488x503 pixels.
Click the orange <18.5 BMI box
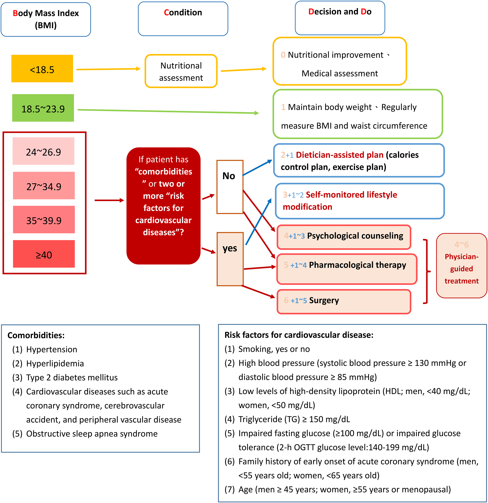click(42, 68)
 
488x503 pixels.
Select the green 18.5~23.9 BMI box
click(43, 108)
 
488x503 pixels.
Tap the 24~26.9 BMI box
click(43, 151)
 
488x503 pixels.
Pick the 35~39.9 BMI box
click(44, 219)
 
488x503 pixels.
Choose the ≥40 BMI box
click(44, 254)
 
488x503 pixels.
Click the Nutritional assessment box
click(181, 71)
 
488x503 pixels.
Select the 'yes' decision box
click(230, 259)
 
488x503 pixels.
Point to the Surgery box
click(344, 301)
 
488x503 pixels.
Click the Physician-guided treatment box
click(462, 266)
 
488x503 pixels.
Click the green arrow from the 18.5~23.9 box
click(168, 111)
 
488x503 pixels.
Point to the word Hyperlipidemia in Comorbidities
click(55, 363)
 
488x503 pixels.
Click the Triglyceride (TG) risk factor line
click(287, 419)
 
